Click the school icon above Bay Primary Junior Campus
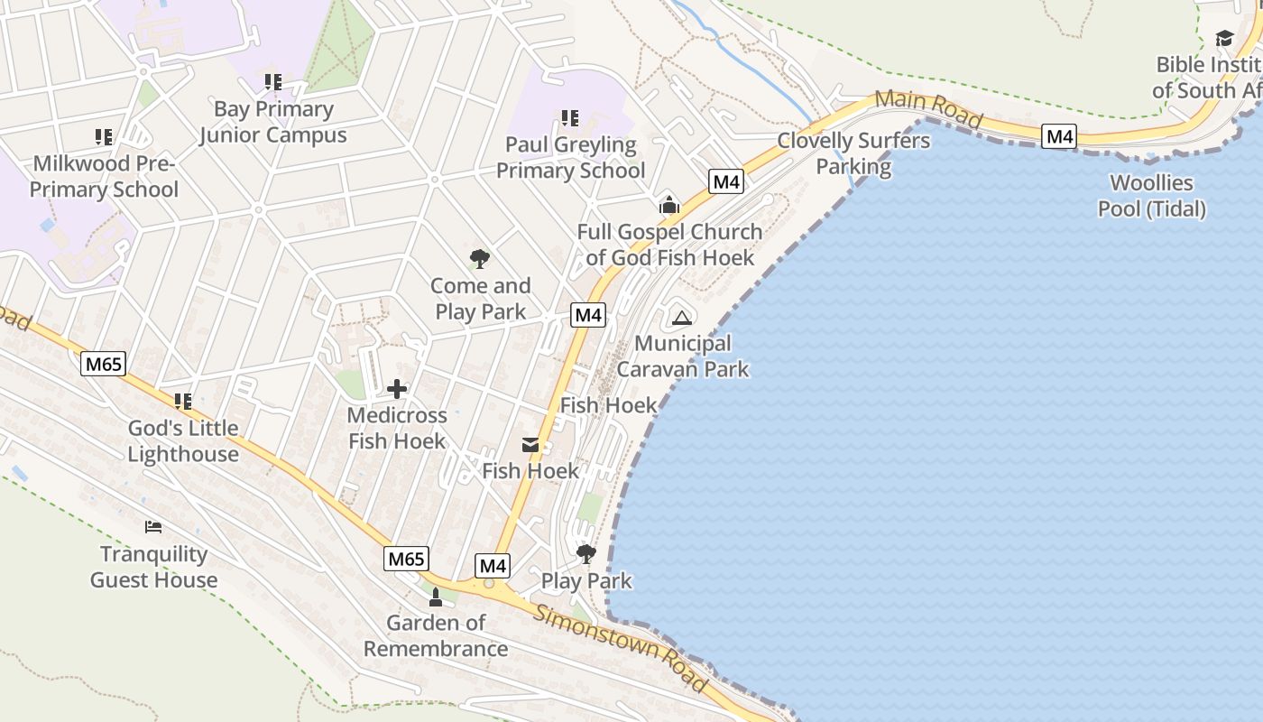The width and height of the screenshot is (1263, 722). pos(273,82)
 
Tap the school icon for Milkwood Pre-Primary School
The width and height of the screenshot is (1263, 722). pos(104,137)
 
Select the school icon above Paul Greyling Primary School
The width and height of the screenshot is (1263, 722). pos(570,117)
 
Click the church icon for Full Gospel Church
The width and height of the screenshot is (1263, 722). pos(668,205)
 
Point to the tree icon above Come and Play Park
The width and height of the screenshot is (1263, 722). pos(480,259)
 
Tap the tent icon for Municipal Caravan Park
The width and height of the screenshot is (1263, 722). pos(682,317)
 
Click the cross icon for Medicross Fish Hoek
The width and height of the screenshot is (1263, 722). pos(397,389)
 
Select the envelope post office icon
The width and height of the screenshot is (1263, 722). pos(530,445)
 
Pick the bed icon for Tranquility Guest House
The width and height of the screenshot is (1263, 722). pos(153,527)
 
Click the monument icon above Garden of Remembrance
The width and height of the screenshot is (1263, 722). pos(436,596)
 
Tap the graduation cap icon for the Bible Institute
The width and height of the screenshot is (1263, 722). pos(1224,38)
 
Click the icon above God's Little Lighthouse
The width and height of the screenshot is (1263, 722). pos(183,402)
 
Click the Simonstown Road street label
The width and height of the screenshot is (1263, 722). pos(621,648)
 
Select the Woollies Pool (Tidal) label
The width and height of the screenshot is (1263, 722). pos(1151,196)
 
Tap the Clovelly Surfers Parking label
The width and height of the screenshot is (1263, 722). pos(853,153)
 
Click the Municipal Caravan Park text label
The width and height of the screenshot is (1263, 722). pos(683,356)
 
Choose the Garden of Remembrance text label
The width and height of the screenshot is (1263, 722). pos(436,635)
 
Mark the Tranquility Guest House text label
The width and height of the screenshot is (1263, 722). pos(153,567)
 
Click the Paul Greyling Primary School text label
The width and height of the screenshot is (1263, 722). pos(570,157)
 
